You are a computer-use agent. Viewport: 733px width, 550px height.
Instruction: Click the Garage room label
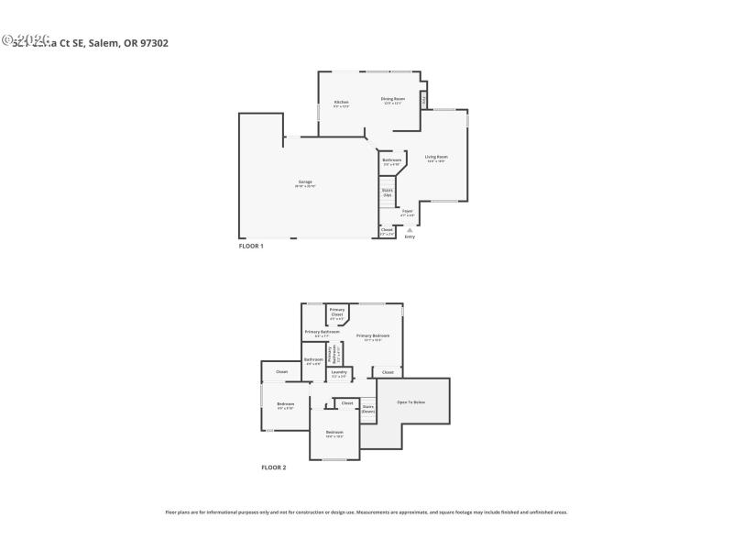(x=305, y=181)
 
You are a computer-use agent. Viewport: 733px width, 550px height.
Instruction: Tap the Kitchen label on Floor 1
(x=341, y=102)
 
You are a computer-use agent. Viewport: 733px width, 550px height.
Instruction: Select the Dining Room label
(x=393, y=98)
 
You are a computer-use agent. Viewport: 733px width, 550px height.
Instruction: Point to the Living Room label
(x=435, y=157)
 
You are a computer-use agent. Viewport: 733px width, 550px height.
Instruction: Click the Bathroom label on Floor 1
(x=392, y=159)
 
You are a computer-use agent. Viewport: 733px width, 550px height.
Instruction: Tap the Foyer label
(x=407, y=211)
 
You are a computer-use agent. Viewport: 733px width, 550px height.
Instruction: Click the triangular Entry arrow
(x=410, y=229)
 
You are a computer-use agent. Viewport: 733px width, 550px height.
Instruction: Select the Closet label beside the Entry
(x=387, y=229)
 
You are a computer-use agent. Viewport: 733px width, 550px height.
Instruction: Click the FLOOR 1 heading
(x=251, y=246)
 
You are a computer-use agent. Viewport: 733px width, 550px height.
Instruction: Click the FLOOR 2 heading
(x=274, y=467)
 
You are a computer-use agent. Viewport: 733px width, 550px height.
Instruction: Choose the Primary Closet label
(x=337, y=312)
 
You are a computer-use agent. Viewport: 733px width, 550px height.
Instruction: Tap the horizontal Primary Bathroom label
(x=323, y=332)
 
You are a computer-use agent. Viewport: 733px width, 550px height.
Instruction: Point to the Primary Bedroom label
(x=374, y=335)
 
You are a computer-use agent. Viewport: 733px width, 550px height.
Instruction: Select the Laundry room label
(x=339, y=371)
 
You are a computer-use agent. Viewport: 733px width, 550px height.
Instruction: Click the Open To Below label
(x=410, y=401)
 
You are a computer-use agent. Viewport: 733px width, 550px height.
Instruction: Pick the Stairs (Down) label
(x=368, y=408)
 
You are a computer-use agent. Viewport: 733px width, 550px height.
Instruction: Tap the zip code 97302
(x=152, y=42)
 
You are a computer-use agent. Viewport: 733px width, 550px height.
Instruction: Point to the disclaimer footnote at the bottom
(x=366, y=512)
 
